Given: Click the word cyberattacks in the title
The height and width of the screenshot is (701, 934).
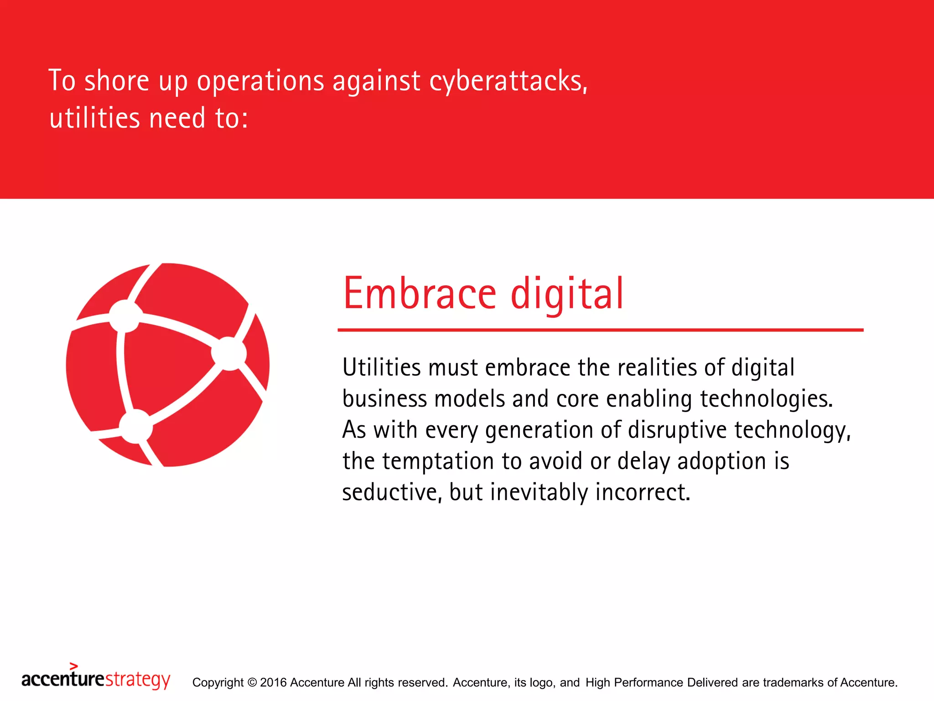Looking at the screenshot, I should tap(508, 81).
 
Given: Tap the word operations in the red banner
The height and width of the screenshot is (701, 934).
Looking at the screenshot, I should tap(260, 81).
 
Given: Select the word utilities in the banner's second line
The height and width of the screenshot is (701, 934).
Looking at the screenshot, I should tap(94, 118).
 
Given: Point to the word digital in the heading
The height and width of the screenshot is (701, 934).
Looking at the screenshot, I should tap(566, 294).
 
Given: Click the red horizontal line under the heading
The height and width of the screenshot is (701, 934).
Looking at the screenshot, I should tap(600, 330).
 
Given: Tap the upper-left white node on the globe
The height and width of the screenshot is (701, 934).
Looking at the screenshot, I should tap(125, 316).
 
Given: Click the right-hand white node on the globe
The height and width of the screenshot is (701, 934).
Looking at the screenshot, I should tap(229, 353).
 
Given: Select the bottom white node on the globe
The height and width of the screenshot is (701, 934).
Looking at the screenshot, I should tap(135, 426).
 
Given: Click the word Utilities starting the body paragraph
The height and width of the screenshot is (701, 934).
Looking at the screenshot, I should tap(381, 367).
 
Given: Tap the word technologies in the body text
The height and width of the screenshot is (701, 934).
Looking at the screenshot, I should tap(766, 399).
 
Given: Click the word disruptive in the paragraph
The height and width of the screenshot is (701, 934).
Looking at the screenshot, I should tap(677, 430).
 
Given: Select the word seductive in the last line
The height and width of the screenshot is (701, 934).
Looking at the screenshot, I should tap(392, 492).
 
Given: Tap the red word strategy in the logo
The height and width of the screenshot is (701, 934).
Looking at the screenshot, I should tap(137, 680).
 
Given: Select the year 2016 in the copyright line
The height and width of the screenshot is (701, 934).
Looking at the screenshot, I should tap(273, 682).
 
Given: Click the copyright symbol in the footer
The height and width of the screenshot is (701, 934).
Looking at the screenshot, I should tap(252, 682).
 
